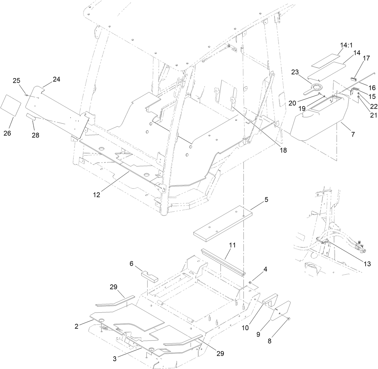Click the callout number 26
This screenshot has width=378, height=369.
coord(7,133)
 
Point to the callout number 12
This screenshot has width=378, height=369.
coord(96,195)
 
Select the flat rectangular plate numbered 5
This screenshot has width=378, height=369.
coord(222,222)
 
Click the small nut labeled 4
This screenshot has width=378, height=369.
coord(250,283)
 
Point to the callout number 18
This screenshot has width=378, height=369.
coord(282,150)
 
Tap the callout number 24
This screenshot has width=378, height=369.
coord(56,79)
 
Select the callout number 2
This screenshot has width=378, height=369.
coord(77,326)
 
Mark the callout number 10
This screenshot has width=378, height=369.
coord(245,327)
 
